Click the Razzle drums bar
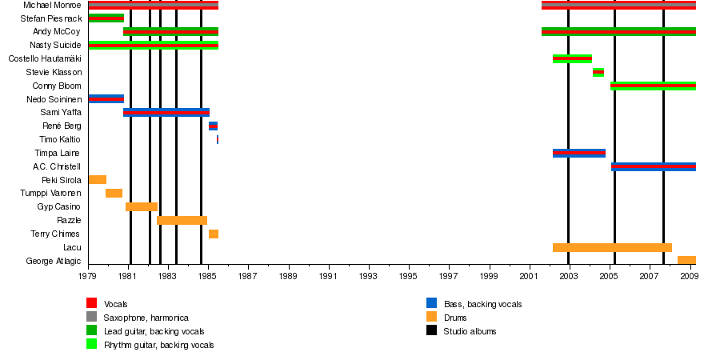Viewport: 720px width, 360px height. [x=182, y=220]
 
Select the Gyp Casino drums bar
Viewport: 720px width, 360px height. [x=142, y=206]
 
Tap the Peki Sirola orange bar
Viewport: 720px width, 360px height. [x=98, y=180]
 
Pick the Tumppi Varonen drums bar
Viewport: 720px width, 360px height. [x=114, y=193]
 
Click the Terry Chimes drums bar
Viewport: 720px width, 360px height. [x=214, y=234]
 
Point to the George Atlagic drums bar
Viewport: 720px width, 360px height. [x=686, y=260]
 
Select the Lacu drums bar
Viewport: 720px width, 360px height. [x=612, y=247]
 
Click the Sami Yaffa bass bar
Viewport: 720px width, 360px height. [x=166, y=113]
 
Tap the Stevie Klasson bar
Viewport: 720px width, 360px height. [x=598, y=72]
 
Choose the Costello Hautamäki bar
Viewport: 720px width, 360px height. [x=572, y=58]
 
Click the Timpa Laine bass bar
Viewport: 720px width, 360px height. [x=578, y=153]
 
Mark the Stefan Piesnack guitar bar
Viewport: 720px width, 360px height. [x=106, y=18]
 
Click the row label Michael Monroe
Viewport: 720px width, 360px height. [x=52, y=5]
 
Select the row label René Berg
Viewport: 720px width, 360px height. [x=62, y=126]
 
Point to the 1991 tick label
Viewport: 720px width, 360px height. [x=329, y=277]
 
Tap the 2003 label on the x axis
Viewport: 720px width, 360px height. [x=569, y=277]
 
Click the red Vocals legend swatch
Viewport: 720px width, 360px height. [x=92, y=303]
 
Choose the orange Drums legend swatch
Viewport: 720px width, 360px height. [x=431, y=317]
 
